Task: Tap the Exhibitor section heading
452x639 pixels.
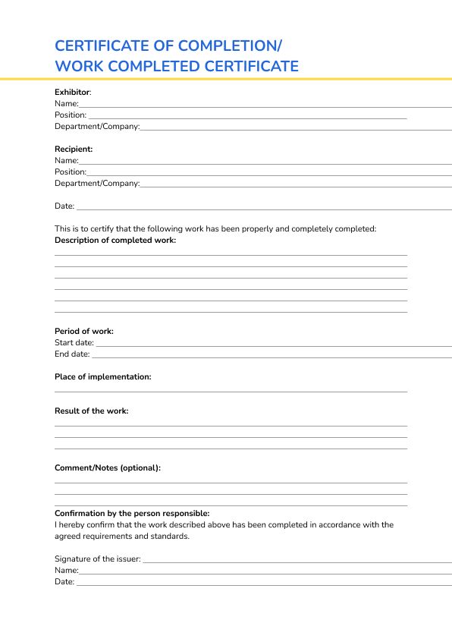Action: pyautogui.click(x=72, y=92)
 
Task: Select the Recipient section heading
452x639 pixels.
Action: pyautogui.click(x=74, y=149)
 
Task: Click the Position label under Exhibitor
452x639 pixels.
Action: pyautogui.click(x=71, y=115)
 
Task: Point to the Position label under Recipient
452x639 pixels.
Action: pyautogui.click(x=71, y=172)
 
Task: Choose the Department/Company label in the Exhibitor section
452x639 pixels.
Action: pyautogui.click(x=97, y=126)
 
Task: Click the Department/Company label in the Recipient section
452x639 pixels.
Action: pyautogui.click(x=97, y=183)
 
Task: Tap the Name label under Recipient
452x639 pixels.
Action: pyautogui.click(x=67, y=160)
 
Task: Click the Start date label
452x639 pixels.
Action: pyautogui.click(x=74, y=342)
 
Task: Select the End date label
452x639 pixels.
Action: pyautogui.click(x=72, y=354)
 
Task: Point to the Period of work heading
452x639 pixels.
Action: pyautogui.click(x=84, y=331)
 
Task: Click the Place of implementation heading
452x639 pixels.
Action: pyautogui.click(x=103, y=376)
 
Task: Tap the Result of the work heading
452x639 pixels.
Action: pyautogui.click(x=92, y=411)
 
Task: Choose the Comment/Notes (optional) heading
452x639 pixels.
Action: pyautogui.click(x=108, y=467)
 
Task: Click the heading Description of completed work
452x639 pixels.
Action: pyautogui.click(x=115, y=240)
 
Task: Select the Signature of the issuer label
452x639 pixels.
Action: pyautogui.click(x=98, y=559)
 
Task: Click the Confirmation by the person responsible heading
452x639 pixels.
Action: pyautogui.click(x=132, y=513)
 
